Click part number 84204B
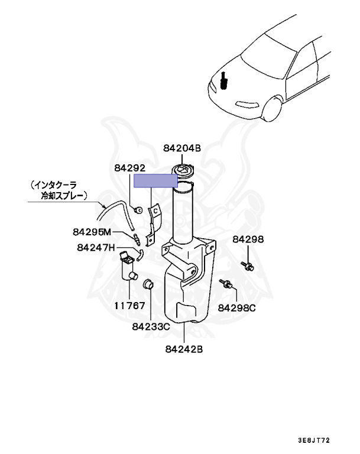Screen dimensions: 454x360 (182, 149)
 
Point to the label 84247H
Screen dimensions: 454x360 (96, 247)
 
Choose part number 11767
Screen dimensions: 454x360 (129, 307)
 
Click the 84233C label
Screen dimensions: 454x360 (151, 326)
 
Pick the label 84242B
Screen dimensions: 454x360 (184, 349)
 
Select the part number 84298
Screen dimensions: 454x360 (248, 239)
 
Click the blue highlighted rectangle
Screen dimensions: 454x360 (155, 181)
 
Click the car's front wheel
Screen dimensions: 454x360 (271, 111)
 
